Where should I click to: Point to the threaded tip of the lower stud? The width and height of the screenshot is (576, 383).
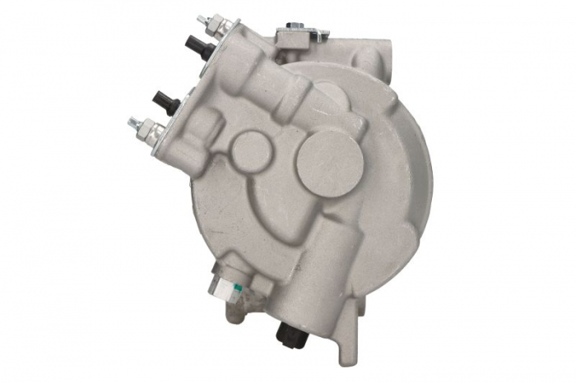132,122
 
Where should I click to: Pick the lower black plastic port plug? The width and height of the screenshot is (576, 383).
169,103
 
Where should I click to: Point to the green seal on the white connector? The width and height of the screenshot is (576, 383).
236,288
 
